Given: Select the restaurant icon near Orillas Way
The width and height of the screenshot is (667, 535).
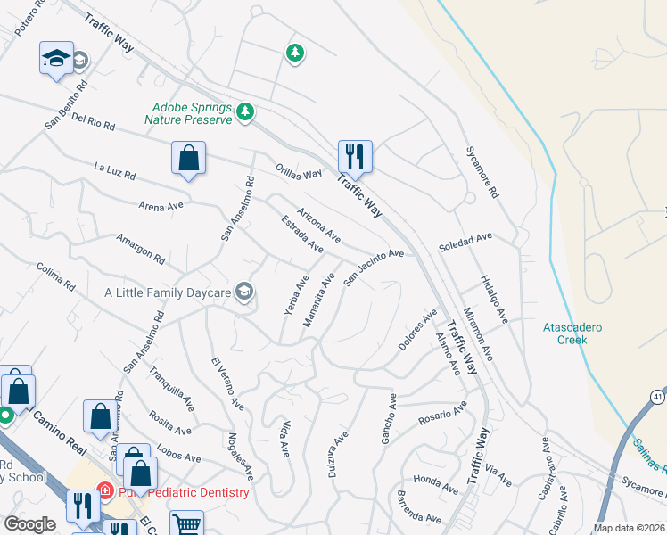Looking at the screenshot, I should tap(355, 156).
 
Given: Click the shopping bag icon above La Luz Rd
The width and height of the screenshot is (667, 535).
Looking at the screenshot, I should tap(188, 159).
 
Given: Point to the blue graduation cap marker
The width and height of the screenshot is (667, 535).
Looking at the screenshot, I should tap(55, 59).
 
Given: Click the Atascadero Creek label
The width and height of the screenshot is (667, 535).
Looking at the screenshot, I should tap(572, 333).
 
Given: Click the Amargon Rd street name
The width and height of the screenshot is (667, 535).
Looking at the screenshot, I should tap(141, 249).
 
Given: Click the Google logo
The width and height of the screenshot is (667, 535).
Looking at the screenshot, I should tap(30, 524).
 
